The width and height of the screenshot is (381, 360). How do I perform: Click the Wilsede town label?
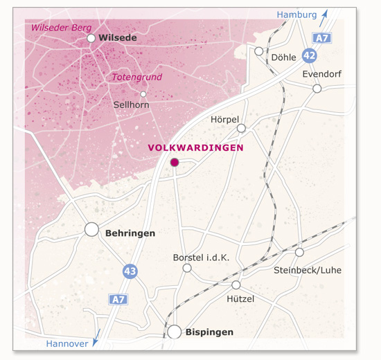tap(118, 38)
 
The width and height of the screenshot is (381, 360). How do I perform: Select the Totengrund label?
tap(136, 78)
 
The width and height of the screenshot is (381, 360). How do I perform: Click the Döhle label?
tap(284, 57)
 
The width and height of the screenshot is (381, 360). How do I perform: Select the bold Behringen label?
tap(130, 233)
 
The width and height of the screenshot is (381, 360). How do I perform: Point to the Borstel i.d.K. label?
tap(201, 258)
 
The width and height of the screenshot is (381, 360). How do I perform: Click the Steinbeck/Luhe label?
tap(308, 269)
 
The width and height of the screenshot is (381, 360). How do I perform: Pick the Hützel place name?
tap(240, 298)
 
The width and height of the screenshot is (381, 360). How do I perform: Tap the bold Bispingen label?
tap(209, 332)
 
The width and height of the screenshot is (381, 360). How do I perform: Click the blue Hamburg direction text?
tap(296, 15)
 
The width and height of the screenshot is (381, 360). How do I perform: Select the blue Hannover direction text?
tap(67, 344)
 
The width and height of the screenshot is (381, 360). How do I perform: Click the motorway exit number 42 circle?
tap(310, 55)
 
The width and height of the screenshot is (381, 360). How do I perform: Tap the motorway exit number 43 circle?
tap(130, 271)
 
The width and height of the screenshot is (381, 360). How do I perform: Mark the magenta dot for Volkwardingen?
tap(175, 162)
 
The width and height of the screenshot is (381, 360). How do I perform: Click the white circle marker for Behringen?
tap(91, 229)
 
